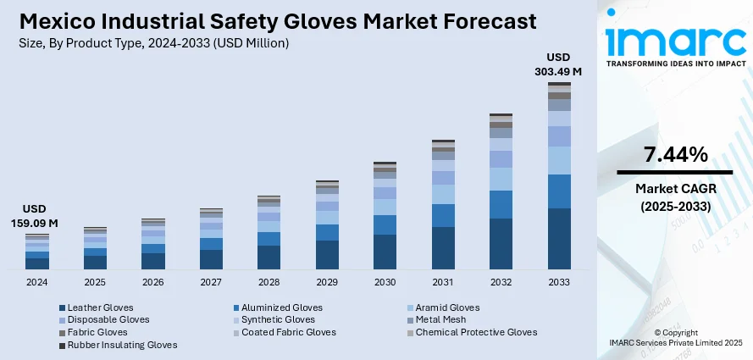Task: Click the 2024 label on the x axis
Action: (x=36, y=281)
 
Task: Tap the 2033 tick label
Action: (x=559, y=281)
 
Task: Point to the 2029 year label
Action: (x=327, y=281)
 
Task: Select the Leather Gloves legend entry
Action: (x=100, y=307)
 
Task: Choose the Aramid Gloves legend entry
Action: (x=447, y=307)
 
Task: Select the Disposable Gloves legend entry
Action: (x=108, y=319)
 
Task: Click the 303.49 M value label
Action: (x=558, y=72)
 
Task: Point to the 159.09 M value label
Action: (x=35, y=223)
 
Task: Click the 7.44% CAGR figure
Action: (x=675, y=155)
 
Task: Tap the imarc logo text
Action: (x=675, y=39)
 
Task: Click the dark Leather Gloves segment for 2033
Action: (x=559, y=239)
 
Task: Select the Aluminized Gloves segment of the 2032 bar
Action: (x=501, y=204)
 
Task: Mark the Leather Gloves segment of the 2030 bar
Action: (x=385, y=252)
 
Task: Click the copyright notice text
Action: (x=675, y=336)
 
